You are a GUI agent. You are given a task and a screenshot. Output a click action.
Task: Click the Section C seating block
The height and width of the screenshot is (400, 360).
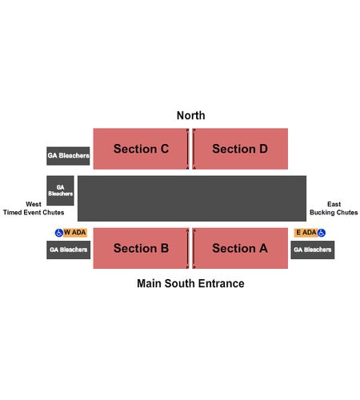141,149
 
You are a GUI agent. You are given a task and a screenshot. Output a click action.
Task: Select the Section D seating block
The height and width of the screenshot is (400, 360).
240,149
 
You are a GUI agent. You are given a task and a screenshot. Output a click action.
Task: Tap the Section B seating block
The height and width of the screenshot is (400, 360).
141,248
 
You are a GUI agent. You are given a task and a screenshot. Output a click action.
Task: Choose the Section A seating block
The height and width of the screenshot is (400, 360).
240,248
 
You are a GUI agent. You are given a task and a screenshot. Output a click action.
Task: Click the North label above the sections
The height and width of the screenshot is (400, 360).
191,115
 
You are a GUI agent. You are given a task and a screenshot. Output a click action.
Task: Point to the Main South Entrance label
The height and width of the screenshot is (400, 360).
190,283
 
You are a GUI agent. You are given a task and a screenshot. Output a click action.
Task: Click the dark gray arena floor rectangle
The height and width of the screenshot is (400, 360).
192,198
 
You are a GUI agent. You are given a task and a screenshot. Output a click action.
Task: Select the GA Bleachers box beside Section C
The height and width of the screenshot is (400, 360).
68,156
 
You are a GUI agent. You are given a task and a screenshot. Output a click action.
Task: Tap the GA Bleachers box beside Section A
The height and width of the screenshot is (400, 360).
313,250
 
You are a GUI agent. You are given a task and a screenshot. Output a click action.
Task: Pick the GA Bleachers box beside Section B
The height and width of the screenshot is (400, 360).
69,250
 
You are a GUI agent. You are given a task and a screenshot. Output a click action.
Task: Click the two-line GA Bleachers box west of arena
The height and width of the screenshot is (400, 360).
60,190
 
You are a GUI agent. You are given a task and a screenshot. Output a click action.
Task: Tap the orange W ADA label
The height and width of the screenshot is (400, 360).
75,233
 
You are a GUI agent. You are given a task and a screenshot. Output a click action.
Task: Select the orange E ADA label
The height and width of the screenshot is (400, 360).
306,233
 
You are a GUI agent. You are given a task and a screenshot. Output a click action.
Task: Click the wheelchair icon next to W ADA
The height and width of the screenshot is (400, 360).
59,233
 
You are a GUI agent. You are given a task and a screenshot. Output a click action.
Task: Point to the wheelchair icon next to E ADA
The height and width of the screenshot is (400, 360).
322,233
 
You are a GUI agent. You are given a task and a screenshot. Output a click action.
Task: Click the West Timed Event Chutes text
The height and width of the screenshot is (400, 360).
34,208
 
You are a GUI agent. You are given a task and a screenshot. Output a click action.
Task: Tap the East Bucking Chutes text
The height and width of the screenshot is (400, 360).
334,208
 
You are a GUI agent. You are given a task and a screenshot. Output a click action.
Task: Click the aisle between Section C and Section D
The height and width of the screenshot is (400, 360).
190,149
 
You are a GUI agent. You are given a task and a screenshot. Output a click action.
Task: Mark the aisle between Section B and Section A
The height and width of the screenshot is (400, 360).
190,248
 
